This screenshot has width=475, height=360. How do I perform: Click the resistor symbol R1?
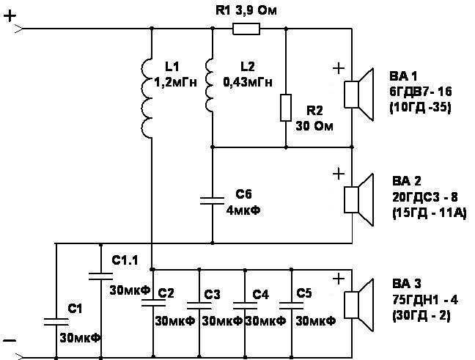246,29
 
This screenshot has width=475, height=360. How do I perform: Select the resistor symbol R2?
286,108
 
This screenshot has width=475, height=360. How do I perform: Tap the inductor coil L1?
147,98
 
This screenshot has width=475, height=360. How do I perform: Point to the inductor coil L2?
209,86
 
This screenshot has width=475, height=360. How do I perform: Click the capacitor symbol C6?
213,201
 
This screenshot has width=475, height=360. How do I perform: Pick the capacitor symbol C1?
56,322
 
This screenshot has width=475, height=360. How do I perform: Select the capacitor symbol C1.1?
101,276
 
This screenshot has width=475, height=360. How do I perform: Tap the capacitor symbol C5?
291,306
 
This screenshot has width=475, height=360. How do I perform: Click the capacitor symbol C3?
199,306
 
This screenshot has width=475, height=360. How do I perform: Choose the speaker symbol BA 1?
358,95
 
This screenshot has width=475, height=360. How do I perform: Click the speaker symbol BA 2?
358,199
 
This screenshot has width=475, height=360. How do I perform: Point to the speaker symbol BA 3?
358,305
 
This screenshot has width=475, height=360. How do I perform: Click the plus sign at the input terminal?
10,15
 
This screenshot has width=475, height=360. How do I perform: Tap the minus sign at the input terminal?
10,341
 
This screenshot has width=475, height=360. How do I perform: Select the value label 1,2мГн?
176,82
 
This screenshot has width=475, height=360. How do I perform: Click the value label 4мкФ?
243,210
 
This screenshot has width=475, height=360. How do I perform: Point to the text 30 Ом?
314,126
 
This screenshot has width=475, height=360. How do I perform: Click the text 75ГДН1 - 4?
425,300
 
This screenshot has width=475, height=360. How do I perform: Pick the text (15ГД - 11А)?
430,213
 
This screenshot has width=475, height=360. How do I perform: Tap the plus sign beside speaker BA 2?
339,174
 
